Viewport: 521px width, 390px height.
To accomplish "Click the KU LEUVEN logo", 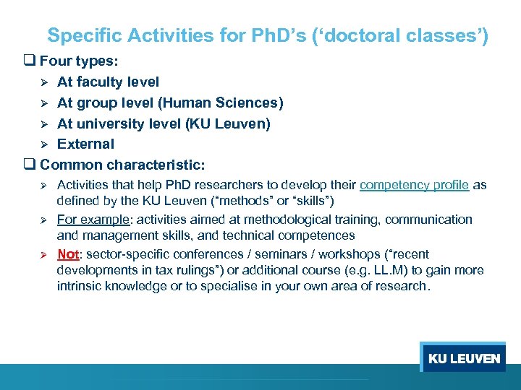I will pyautogui.click(x=464, y=359).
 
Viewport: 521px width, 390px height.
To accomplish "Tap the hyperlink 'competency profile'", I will pyautogui.click(x=413, y=185).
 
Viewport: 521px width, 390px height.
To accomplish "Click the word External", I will pyautogui.click(x=85, y=144).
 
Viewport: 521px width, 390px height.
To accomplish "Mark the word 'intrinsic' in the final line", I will pyautogui.click(x=77, y=286).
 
